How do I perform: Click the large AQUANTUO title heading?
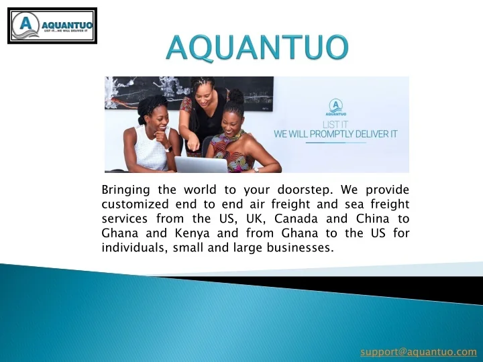coord(258,48)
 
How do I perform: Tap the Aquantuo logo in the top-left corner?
coord(52,26)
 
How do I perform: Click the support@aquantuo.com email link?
coord(419,351)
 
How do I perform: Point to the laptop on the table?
coord(201,164)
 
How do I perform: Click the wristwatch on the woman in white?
coord(168,149)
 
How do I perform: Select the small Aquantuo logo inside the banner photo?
coord(336,107)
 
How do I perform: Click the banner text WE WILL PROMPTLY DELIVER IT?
coord(336,134)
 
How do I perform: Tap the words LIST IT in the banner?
coord(335,125)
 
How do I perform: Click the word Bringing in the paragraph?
coord(125,190)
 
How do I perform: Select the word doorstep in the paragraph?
coord(305,190)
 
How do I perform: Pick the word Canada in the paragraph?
coord(296,219)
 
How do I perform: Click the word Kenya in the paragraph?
coord(193,233)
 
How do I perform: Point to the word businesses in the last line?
coord(301,247)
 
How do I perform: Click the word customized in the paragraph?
coord(135,204)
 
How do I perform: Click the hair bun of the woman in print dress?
coord(236,96)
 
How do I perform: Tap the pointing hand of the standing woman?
coord(193,143)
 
